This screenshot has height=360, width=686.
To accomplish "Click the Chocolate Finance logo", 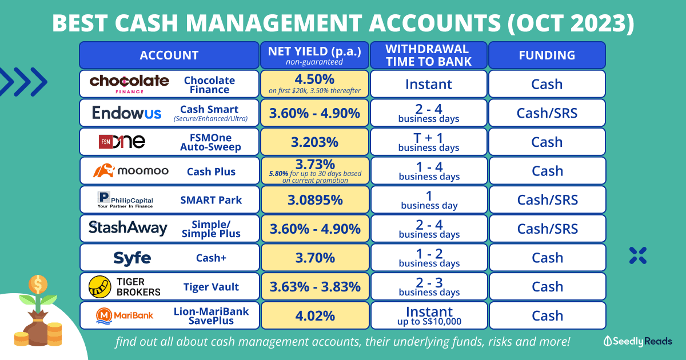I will pos(129,83).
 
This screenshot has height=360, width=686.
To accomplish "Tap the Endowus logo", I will pos(127,113).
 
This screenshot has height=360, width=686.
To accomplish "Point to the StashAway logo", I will pos(128,229).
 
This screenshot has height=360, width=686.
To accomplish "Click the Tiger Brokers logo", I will pos(125,286).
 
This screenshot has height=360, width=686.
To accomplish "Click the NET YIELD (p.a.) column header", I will pos(314,55).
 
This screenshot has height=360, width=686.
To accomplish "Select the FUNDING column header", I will pos(547,55).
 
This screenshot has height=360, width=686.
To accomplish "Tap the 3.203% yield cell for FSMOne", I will pos(314,142).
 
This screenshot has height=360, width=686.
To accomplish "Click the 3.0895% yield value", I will pos(314,200).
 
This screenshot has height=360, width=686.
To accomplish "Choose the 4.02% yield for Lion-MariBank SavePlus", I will pos(314,315).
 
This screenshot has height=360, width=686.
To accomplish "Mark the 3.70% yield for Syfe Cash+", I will pos(314,258).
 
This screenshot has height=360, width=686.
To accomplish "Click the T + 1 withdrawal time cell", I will pos(429,142).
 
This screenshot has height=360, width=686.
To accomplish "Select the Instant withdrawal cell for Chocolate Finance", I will pos(429,84).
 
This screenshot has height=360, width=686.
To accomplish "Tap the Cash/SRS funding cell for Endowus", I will pos(547,113).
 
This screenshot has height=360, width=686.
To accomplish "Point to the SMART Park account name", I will pos(211,200).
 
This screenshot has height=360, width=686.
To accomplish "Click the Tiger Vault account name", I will pos(211,287).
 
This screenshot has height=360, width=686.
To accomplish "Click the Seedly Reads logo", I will pos(637,342).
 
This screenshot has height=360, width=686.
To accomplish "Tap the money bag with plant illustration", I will pos(38,311).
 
